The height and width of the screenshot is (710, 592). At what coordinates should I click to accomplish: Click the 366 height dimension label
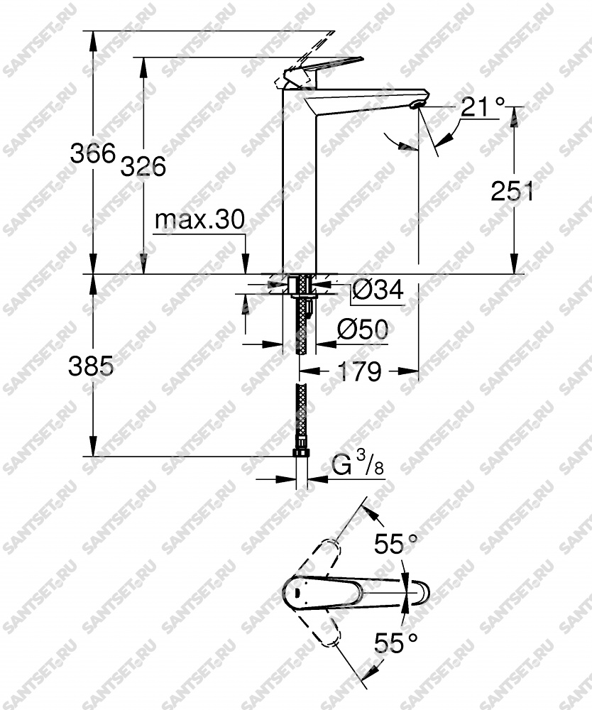pos(93,153)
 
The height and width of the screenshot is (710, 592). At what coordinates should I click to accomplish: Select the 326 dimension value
pos(143,166)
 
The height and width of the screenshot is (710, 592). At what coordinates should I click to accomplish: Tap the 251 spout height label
pos(512,191)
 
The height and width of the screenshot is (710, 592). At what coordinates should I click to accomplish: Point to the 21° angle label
pos(483,107)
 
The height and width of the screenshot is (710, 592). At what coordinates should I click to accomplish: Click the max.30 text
pos(199,219)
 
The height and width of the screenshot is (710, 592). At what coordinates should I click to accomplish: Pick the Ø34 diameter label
pos(378,290)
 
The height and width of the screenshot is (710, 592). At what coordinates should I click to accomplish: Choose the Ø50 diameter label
pos(363,329)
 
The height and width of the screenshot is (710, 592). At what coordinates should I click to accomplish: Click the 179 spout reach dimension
pos(360,372)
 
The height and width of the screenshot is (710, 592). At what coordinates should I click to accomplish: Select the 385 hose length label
pos(91,366)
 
